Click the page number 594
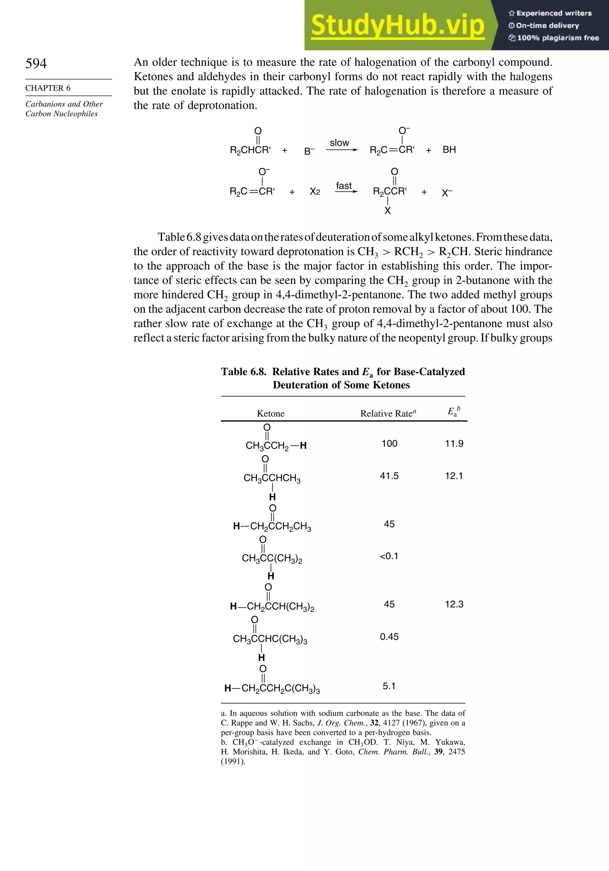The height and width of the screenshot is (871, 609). pos(36,63)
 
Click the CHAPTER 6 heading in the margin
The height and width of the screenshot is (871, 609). pos(48,88)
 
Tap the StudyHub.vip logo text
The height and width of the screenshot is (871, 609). pos(398,25)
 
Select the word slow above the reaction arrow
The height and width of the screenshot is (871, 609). pos(339,143)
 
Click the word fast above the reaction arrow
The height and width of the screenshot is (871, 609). pos(344,185)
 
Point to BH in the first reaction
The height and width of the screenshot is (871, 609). pos(449,149)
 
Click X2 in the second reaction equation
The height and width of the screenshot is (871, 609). pos(315,192)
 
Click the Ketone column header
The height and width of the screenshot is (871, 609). pos(271,413)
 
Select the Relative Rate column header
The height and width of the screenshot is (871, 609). pos(388,413)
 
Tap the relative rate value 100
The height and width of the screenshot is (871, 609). pos(389,444)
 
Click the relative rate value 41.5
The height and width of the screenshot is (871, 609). pos(389,476)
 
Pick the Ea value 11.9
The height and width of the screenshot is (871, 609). pos(454,444)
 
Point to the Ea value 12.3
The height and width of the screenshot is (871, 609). pos(454,604)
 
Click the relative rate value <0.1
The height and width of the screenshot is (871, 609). pos(389,556)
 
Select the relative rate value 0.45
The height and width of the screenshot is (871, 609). pos(389,636)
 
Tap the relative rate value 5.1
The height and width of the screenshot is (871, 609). pos(389,686)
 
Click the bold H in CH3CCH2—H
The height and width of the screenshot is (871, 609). pos(303,446)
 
